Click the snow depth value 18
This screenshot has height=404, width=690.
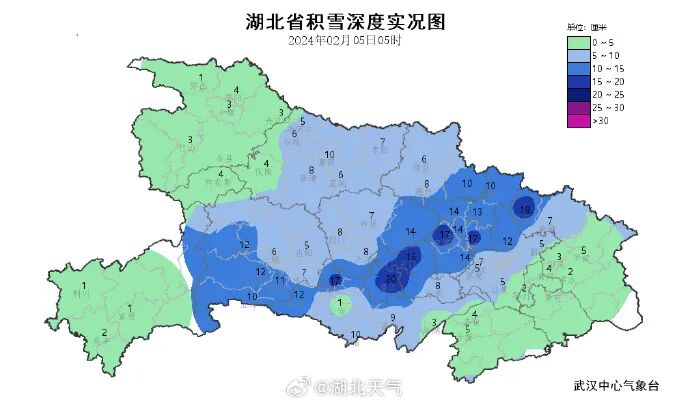point(524,210)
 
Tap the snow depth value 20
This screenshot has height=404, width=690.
point(391,278)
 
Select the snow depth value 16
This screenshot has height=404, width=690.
point(411,257)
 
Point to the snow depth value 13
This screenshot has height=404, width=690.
point(478,212)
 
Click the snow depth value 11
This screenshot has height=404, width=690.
point(280,282)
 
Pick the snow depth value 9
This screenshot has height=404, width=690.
point(393,318)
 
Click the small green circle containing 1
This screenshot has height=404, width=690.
point(341,303)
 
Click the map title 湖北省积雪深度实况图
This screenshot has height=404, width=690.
point(345,21)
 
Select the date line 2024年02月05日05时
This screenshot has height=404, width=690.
point(345,41)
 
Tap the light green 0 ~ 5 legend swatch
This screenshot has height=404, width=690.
point(578,43)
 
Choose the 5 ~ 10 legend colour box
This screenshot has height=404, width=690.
point(578,56)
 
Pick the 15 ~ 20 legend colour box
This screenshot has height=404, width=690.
point(578,82)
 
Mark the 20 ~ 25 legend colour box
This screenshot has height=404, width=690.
point(578,95)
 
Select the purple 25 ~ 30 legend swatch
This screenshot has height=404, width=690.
point(578,108)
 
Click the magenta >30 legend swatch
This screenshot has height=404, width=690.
point(578,121)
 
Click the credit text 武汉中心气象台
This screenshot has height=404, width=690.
point(617,385)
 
